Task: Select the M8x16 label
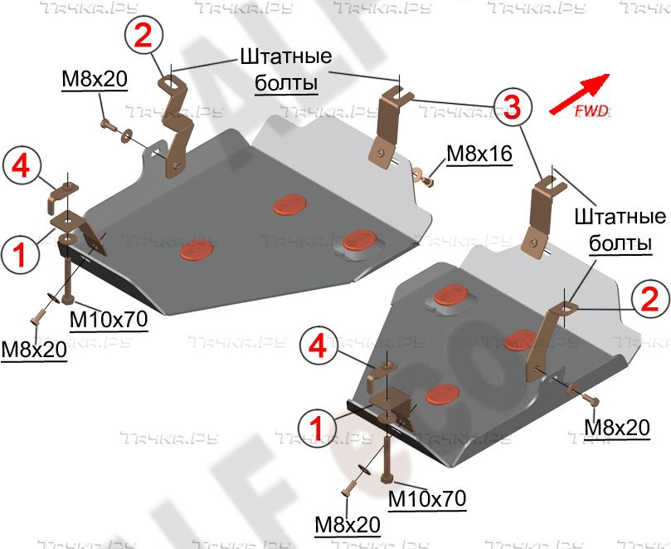click(479, 154)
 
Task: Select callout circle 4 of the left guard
click(20, 166)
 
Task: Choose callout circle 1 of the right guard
click(316, 427)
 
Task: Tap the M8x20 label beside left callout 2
click(94, 79)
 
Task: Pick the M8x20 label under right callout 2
click(617, 427)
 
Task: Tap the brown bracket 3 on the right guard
click(539, 212)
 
